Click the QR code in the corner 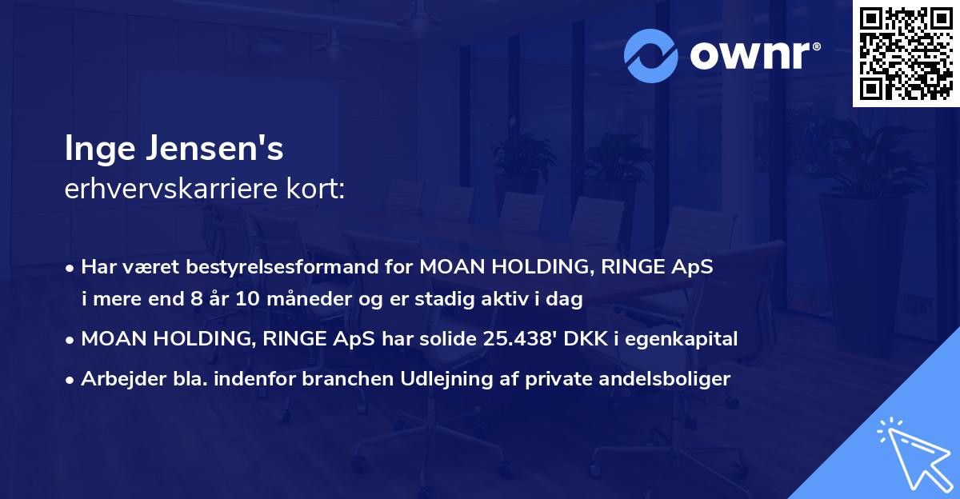click(906, 54)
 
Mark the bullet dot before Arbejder click(71, 379)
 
